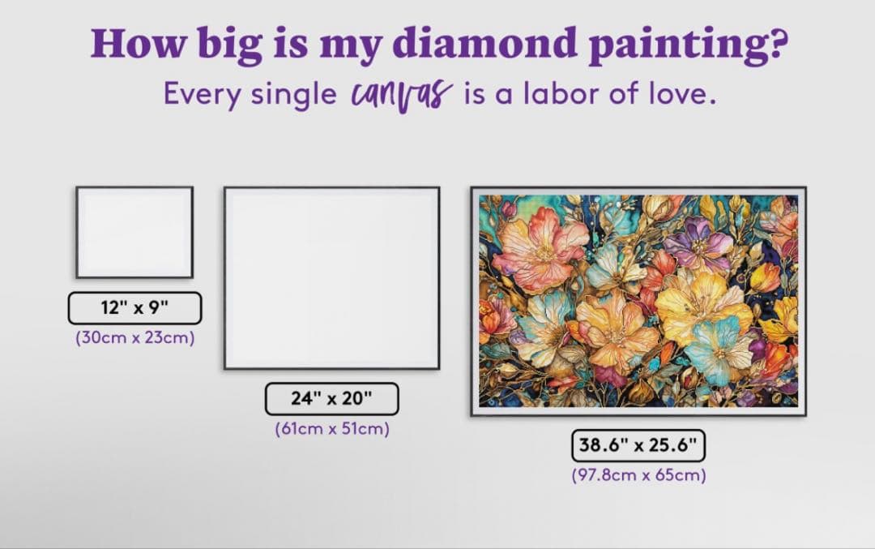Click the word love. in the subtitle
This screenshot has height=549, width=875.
(679, 94)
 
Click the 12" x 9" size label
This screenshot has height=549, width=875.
(134, 308)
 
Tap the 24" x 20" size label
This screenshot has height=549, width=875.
(332, 399)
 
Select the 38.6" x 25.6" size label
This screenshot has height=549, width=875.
(638, 445)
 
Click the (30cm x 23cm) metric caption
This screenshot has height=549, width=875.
(134, 338)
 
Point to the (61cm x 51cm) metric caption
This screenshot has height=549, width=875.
(332, 429)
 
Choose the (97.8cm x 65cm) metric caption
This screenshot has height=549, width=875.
(638, 475)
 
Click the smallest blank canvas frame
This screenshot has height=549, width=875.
(134, 232)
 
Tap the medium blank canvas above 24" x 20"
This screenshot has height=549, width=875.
(332, 278)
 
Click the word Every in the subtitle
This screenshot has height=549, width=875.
(201, 94)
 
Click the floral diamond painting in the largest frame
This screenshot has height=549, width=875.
(638, 301)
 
